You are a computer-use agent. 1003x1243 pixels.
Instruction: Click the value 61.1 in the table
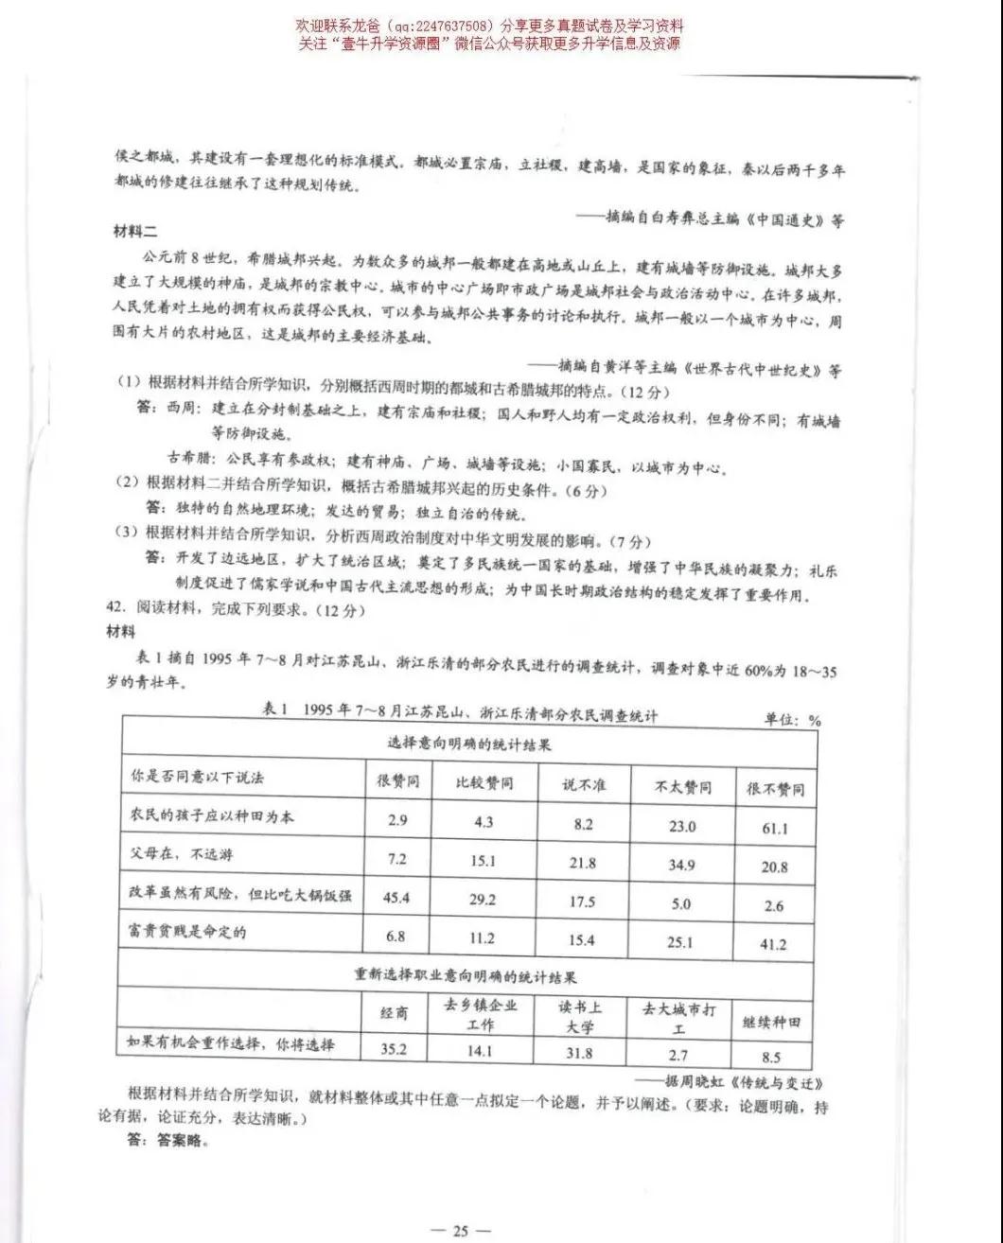tap(774, 829)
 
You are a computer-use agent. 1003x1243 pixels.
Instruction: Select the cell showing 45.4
tap(396, 898)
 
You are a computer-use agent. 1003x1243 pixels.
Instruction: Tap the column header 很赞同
tap(397, 782)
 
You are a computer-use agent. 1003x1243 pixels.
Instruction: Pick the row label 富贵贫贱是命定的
tap(187, 932)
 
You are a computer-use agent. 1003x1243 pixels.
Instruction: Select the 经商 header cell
tap(395, 1012)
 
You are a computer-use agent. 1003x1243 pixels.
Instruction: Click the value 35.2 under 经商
tap(393, 1049)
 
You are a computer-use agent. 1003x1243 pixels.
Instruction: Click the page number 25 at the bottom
tap(460, 1231)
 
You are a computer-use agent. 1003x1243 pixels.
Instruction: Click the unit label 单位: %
tap(793, 720)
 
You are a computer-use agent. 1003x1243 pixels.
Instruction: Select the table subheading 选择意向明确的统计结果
tap(469, 744)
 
